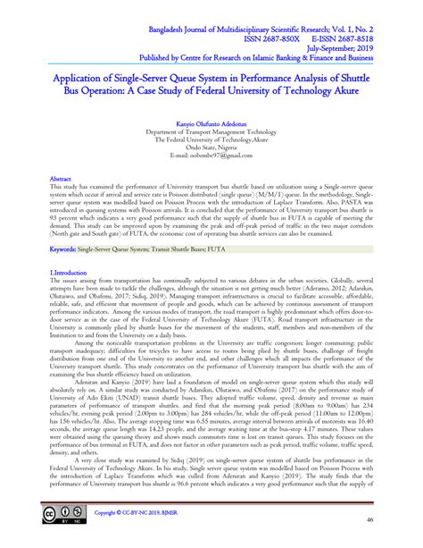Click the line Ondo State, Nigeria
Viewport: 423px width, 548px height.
(x=211, y=147)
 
